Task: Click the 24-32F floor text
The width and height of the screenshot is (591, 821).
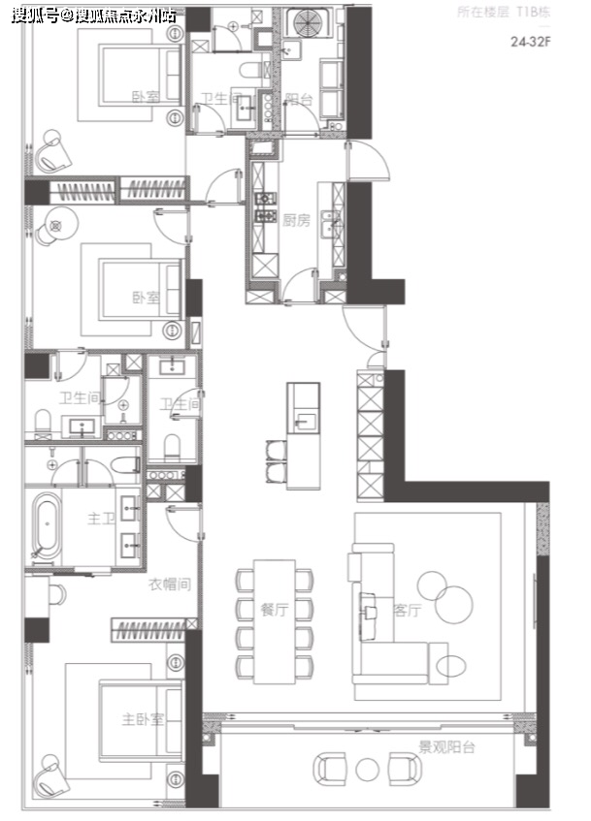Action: point(531,42)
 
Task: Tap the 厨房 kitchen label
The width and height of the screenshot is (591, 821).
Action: point(296,220)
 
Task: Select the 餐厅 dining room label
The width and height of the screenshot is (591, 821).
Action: point(275,610)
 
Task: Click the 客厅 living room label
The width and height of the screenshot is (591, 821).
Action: point(407,610)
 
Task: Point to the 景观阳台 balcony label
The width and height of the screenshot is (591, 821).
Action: point(446,746)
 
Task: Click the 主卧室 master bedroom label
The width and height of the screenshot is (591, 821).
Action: point(143,719)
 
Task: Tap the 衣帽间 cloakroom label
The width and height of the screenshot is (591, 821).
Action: point(169,584)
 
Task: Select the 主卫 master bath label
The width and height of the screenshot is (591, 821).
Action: point(101,519)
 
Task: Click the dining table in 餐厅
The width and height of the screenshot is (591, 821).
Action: point(275,621)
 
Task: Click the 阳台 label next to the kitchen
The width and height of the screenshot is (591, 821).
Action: point(299,100)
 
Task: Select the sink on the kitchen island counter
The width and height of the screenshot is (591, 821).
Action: point(306,422)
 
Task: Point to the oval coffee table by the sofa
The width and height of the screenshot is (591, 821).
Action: point(451,667)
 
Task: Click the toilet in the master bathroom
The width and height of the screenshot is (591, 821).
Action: point(125,464)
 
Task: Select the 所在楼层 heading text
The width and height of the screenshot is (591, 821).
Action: point(482,13)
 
